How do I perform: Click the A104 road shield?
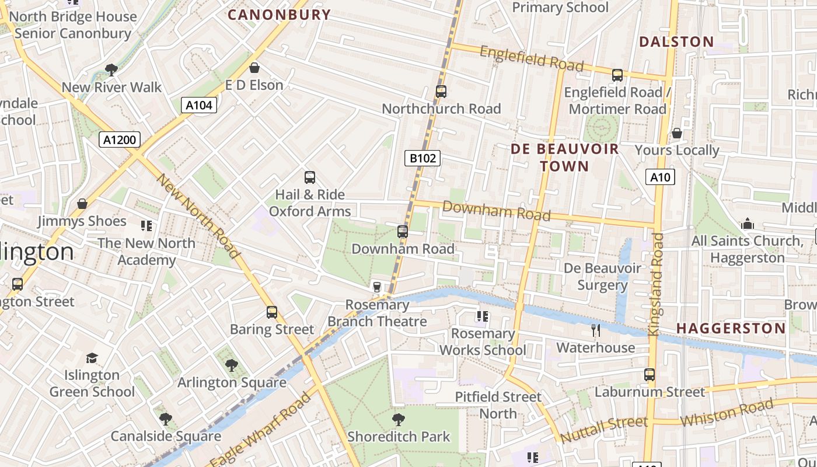click(x=199, y=105)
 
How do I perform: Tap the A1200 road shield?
click(x=120, y=140)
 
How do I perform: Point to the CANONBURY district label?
click(x=279, y=15)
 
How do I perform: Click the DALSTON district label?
click(x=676, y=41)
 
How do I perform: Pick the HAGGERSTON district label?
click(x=731, y=328)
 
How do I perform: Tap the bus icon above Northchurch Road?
click(x=441, y=92)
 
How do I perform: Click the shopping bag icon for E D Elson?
click(x=254, y=68)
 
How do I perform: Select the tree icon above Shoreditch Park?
click(x=399, y=419)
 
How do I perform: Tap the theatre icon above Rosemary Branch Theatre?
click(x=377, y=287)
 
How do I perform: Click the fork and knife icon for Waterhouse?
click(x=595, y=330)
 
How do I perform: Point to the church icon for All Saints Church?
click(x=747, y=224)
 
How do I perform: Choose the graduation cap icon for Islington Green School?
click(x=92, y=357)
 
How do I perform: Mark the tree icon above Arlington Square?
click(x=232, y=365)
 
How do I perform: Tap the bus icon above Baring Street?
click(x=272, y=312)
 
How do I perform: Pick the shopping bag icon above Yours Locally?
click(x=677, y=133)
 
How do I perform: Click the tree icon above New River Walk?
click(x=111, y=70)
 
